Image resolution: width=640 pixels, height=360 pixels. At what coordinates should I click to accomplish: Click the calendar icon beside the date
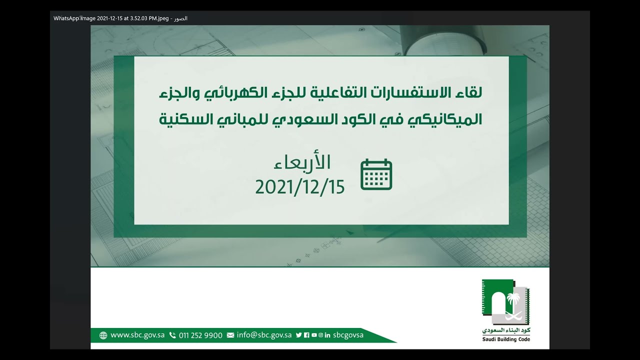tap(376, 174)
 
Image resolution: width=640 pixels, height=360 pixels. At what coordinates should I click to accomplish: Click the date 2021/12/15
tap(300, 187)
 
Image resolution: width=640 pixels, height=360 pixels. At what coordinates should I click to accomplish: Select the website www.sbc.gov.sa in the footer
tap(137, 335)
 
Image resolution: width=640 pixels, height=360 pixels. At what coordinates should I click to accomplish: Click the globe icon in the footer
tap(103, 335)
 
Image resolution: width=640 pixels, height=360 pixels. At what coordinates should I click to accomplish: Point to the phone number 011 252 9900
tap(200, 335)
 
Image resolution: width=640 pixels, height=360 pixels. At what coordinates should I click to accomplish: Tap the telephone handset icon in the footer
tap(172, 335)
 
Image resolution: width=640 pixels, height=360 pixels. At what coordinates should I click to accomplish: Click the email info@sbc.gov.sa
tap(264, 335)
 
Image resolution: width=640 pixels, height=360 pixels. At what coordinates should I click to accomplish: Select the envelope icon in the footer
tap(230, 335)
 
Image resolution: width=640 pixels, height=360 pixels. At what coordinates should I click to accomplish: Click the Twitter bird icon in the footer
tap(298, 335)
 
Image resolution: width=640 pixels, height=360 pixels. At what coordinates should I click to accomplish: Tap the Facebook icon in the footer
tap(306, 335)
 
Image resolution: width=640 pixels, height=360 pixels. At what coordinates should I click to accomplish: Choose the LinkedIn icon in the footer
tap(327, 335)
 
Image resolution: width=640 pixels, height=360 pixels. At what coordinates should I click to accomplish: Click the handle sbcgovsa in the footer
tap(348, 335)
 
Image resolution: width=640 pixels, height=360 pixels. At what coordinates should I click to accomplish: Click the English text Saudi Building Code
tap(506, 339)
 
